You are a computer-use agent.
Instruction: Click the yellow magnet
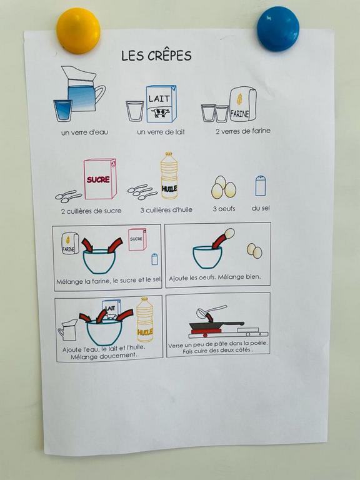78,31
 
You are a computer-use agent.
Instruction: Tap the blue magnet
278,29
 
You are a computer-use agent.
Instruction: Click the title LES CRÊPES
156,56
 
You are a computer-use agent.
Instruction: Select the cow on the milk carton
160,112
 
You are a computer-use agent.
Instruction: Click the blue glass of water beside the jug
62,111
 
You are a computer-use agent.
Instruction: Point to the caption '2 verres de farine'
243,131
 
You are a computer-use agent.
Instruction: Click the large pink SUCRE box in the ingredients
100,179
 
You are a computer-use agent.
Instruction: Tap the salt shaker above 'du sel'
261,186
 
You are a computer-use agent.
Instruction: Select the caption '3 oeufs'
224,209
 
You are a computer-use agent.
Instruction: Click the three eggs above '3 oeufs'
224,187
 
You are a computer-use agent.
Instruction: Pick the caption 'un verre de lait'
161,132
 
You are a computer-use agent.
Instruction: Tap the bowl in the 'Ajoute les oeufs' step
207,257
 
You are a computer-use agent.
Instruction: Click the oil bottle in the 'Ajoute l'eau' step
145,319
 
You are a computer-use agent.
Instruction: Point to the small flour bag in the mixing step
70,243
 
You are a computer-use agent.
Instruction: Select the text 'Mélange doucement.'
104,357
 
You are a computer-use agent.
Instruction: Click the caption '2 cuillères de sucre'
91,211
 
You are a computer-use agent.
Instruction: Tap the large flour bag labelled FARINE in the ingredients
242,104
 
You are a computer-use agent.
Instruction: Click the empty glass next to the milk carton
135,111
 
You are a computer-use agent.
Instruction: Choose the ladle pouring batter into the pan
209,312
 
